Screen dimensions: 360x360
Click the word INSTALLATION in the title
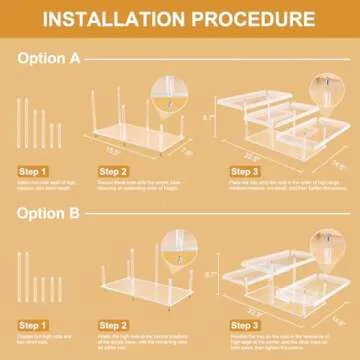pyautogui.click(x=117, y=20)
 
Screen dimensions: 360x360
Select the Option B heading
pyautogui.click(x=50, y=211)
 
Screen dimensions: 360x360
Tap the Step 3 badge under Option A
pyautogui.click(x=243, y=172)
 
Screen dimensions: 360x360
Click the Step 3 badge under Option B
pyautogui.click(x=243, y=326)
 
